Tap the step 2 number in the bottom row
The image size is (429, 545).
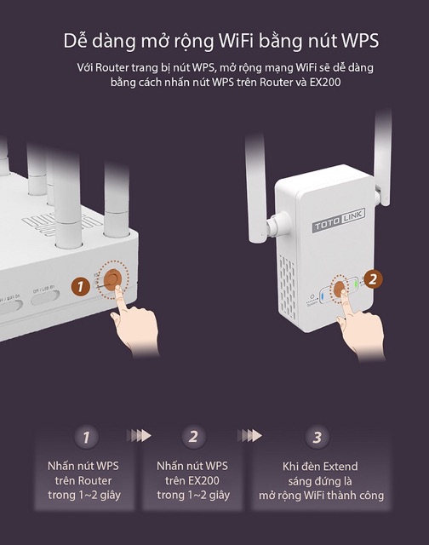click(x=193, y=438)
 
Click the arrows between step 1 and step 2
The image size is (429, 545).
click(x=138, y=435)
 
